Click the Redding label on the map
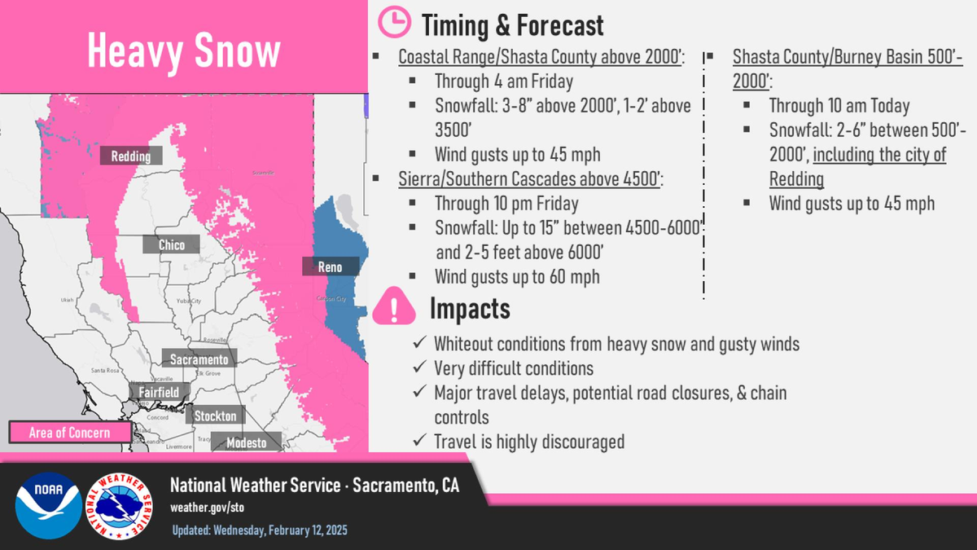pos(131,156)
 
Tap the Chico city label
pos(171,244)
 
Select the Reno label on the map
pos(330,267)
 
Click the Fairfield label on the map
pos(158,392)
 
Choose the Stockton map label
pos(216,416)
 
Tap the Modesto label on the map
pos(246,442)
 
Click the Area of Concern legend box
pos(69,433)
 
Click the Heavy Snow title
pos(184,52)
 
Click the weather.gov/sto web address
pos(207,507)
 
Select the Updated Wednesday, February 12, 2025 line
pos(260,530)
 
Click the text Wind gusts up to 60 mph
pos(517,277)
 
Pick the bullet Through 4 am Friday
pos(503,81)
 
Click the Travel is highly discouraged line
pos(529,442)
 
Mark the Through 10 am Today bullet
pos(839,106)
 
